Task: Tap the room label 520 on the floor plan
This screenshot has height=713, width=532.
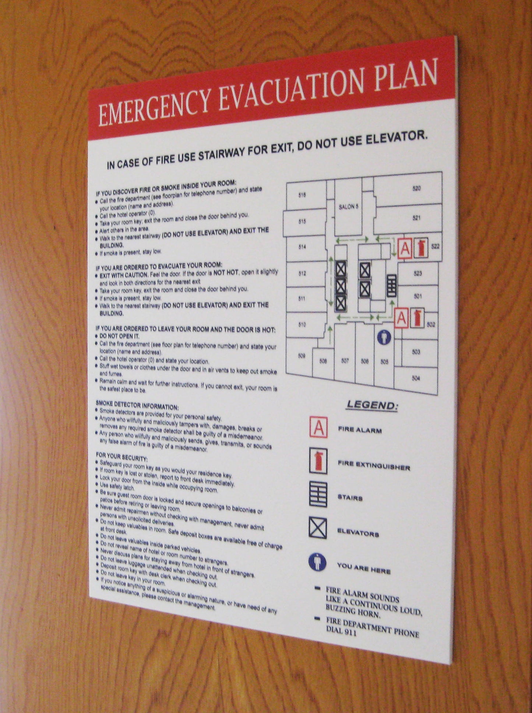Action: (416, 188)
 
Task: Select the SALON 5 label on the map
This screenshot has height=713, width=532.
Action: (348, 207)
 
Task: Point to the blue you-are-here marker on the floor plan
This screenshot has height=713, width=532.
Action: (384, 337)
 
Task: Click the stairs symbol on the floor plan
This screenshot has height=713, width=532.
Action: (391, 286)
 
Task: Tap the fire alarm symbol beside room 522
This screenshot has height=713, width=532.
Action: (405, 248)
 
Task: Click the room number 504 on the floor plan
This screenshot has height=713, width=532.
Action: (415, 378)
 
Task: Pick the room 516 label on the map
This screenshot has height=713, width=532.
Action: (302, 195)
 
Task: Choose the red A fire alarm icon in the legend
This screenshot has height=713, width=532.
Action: (318, 427)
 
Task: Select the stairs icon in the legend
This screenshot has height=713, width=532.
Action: (318, 494)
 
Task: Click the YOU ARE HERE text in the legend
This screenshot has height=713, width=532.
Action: (363, 568)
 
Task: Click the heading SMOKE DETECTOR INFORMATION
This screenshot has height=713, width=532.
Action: (137, 405)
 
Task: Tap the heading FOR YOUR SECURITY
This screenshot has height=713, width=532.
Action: (121, 457)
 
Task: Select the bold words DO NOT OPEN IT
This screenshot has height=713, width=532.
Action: (119, 336)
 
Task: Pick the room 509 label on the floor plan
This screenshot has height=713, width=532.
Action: (301, 356)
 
